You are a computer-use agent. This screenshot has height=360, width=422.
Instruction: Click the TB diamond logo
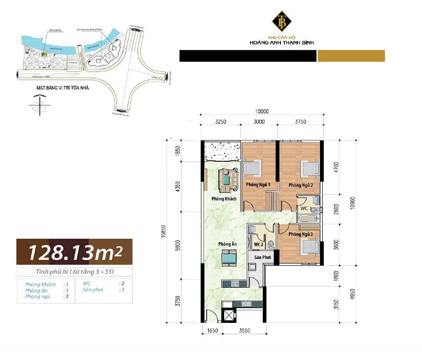click(x=282, y=21)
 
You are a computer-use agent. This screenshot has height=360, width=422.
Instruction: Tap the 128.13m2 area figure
click(x=74, y=252)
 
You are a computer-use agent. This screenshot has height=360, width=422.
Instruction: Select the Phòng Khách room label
click(x=224, y=199)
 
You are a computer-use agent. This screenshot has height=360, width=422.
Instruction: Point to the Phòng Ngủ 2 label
click(x=304, y=185)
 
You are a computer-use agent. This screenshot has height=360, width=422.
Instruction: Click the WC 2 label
click(x=259, y=244)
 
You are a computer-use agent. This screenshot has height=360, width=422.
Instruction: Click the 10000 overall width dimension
click(x=262, y=111)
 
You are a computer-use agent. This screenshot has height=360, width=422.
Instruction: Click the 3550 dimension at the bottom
click(x=244, y=331)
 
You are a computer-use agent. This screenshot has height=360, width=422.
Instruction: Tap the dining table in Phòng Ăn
click(x=228, y=257)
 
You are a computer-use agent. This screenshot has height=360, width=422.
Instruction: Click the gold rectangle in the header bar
click(x=351, y=56)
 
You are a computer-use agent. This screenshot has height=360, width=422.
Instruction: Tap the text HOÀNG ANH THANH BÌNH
click(x=281, y=43)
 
